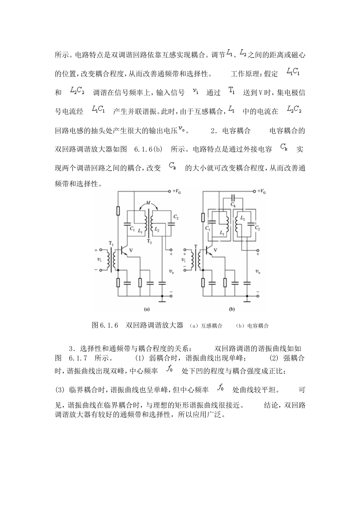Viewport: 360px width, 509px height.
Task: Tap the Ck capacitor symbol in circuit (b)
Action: point(233,198)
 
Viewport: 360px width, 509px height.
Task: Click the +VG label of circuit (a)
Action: point(177,192)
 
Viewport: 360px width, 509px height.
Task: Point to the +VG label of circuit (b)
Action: point(261,192)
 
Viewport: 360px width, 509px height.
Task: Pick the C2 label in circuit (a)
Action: point(175,217)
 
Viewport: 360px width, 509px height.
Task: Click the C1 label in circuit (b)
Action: point(207,228)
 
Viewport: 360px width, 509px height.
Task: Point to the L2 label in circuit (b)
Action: point(243,219)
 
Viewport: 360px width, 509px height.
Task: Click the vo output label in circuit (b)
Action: point(257,272)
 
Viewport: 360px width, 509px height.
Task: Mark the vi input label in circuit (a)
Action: point(99,260)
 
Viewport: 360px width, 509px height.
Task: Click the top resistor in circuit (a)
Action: point(118,211)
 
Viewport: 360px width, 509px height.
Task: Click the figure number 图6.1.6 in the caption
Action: point(105,325)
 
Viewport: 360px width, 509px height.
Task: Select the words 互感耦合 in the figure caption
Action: point(211,326)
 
